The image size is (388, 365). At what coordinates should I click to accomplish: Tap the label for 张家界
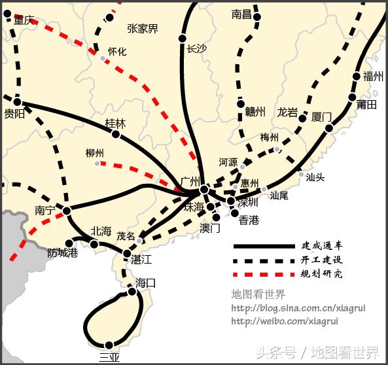click(143, 28)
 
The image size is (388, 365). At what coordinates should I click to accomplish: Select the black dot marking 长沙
click(183, 39)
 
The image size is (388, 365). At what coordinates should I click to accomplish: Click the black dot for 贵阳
click(18, 102)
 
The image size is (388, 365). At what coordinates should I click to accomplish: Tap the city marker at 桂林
click(116, 134)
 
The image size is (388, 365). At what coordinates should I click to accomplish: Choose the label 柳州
click(95, 152)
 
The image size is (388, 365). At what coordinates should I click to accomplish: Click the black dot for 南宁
click(67, 211)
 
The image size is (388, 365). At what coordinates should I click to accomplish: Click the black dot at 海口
click(132, 292)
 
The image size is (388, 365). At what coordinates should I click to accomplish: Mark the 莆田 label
click(367, 105)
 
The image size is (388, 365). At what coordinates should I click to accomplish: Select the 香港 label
click(249, 220)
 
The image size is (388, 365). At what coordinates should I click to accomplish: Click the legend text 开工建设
click(321, 260)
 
